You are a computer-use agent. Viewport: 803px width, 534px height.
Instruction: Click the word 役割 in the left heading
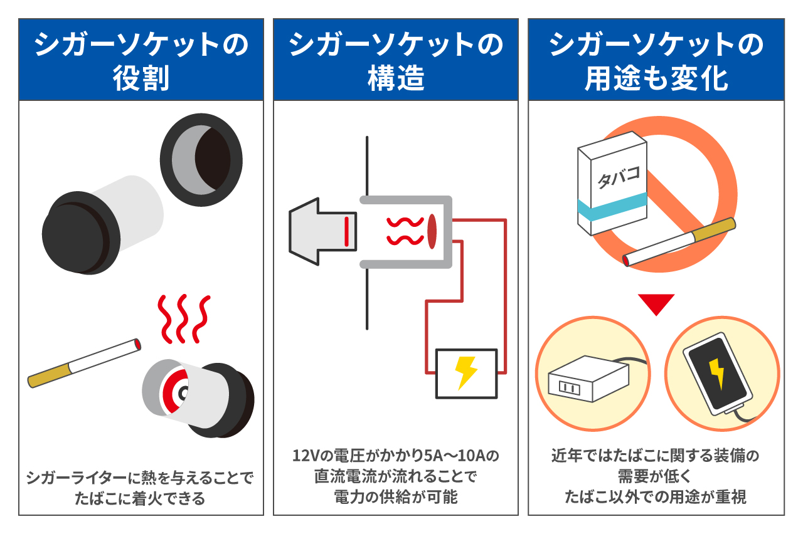pos(141,80)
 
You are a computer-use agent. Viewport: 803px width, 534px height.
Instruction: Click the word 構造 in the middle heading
pos(396,80)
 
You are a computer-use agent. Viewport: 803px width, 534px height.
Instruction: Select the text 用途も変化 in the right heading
pos(656,80)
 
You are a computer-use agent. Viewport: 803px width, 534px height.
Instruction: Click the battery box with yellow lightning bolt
pos(466,374)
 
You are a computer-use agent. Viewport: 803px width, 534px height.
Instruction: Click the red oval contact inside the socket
pos(432,231)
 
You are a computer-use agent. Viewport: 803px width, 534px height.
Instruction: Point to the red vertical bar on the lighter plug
pos(346,231)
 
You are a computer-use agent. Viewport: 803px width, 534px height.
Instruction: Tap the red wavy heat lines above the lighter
pos(182,317)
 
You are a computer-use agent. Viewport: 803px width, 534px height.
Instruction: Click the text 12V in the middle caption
pos(305,456)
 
